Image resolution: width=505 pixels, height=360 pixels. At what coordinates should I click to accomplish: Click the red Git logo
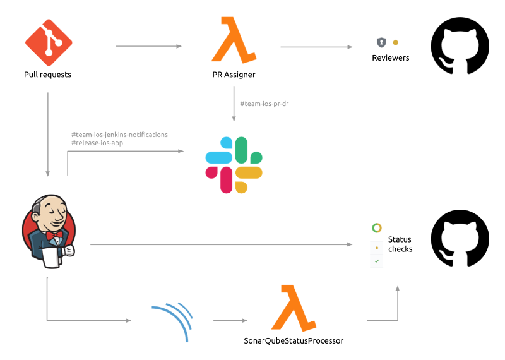pos(49,42)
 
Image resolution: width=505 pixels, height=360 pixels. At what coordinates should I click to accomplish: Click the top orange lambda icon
pos(233,40)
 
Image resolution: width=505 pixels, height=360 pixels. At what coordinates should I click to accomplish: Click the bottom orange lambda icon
pos(294,308)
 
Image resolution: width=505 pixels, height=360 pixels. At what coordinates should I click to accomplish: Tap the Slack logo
pos(234,165)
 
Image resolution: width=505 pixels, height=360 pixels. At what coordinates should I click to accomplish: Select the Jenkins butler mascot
pos(49,231)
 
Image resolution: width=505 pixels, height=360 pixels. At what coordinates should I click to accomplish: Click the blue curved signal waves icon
pos(174,321)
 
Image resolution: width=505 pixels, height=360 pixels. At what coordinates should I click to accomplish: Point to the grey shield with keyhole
pos(381,42)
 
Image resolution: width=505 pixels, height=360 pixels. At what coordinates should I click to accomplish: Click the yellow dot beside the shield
pos(395,42)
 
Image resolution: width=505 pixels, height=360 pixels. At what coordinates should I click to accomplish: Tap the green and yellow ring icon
pos(377,228)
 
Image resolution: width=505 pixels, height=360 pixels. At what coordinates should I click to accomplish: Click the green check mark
pos(377,260)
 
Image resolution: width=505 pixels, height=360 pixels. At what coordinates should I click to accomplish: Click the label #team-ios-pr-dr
pos(264,104)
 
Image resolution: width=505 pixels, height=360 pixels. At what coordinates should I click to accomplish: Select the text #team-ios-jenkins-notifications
pos(119,135)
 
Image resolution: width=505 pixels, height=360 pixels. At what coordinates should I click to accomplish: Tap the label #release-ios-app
pos(97,143)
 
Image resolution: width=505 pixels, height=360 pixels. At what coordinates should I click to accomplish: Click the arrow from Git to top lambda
pos(148,46)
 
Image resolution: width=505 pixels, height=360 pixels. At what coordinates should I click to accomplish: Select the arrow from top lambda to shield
pos(316,46)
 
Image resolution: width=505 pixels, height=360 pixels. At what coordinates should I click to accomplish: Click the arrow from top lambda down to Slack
pos(234,104)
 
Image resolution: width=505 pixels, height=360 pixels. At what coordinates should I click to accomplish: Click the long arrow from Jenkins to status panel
pos(221,244)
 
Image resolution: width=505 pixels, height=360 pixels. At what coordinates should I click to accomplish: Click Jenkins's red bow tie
pos(54,235)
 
